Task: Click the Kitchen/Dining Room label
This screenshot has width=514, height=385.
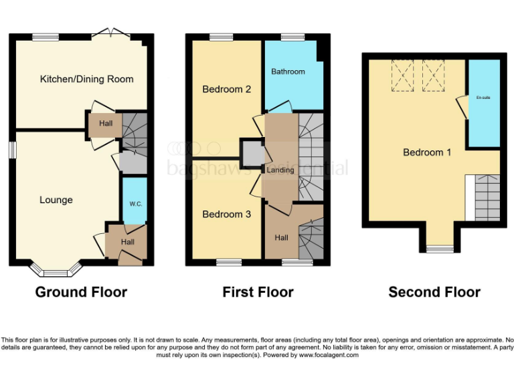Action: pos(86,79)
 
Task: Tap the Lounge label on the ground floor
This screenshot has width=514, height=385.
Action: pos(56,200)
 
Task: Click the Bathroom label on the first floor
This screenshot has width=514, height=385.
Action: pos(288,72)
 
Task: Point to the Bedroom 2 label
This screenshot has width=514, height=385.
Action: pos(227,89)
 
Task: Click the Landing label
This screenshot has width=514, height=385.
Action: pos(280,170)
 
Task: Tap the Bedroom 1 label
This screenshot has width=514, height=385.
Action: pos(427,152)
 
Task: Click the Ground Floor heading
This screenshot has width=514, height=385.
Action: pos(81,292)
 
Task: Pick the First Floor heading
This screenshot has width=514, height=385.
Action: pos(258,292)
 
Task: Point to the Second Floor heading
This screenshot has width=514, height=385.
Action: pos(434,292)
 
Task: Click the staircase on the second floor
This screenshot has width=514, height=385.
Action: pos(483,197)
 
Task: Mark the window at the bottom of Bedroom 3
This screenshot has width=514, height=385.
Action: pos(228,263)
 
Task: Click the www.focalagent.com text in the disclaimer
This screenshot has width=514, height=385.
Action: pos(329,355)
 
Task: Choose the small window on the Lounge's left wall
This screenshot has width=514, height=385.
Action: pos(11,150)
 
